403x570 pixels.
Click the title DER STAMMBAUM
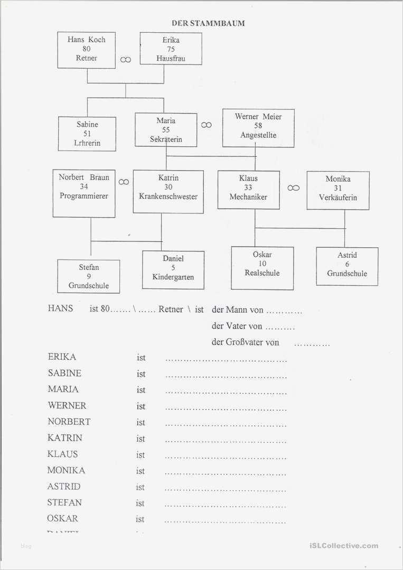[208, 23]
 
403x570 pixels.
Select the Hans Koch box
[87, 49]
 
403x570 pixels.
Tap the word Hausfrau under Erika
[171, 59]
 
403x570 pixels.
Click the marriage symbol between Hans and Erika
[126, 60]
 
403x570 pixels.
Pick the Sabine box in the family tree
[87, 134]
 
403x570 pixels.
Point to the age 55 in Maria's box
[166, 130]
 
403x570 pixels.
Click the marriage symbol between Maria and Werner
[207, 125]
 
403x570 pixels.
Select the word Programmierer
[84, 196]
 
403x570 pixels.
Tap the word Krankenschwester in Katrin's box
[168, 197]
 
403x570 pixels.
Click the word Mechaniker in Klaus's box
[248, 197]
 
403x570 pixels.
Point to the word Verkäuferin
[338, 198]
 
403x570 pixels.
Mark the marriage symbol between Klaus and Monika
[294, 188]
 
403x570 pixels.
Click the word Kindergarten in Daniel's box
[173, 277]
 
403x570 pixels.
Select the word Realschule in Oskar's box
[262, 273]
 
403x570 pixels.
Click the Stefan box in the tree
[89, 276]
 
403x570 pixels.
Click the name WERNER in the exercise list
[67, 406]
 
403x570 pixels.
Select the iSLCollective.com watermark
[342, 546]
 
